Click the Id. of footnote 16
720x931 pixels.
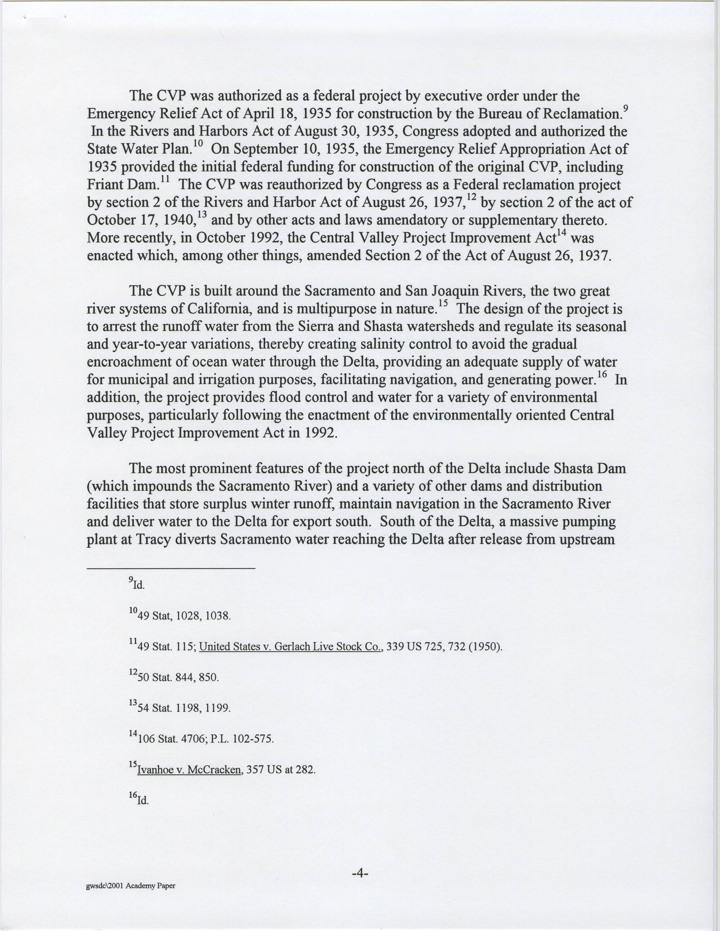143,801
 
